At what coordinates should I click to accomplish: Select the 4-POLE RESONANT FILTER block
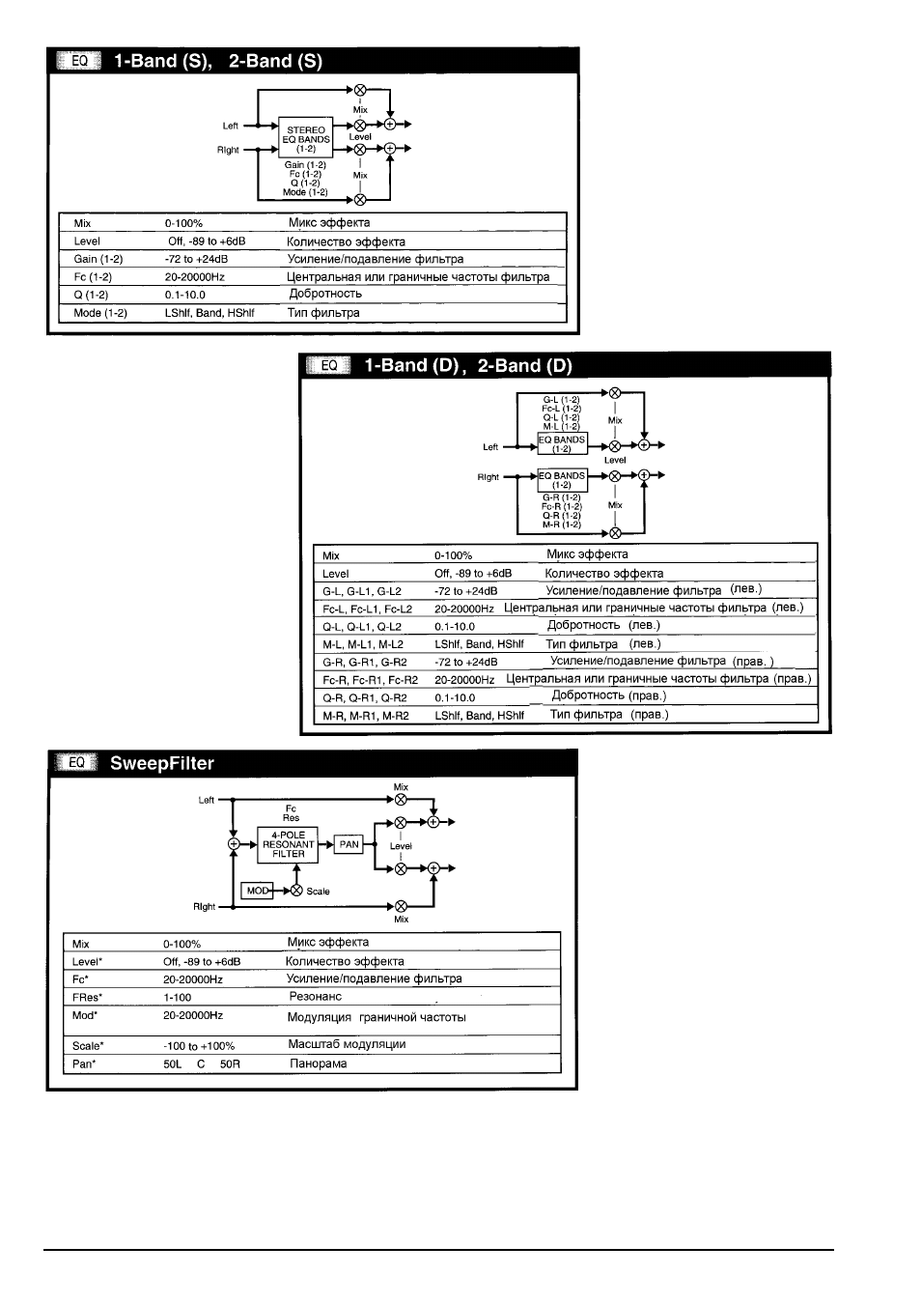[288, 844]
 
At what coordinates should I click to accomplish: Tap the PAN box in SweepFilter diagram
[349, 844]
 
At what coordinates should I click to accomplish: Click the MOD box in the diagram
[257, 891]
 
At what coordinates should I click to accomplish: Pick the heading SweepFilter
[162, 763]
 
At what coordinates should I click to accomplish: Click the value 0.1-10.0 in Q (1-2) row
[185, 296]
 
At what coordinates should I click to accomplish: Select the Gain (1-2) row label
[98, 259]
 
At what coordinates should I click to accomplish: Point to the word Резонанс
[316, 997]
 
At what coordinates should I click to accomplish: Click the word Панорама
[319, 1063]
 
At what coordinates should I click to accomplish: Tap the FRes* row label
[87, 997]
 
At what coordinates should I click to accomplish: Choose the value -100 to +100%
[199, 1046]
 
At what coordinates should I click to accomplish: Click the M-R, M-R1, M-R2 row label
[366, 716]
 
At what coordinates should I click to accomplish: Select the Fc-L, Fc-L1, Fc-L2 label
[367, 609]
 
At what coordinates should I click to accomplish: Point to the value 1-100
[177, 997]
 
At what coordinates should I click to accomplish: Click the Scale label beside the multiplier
[318, 892]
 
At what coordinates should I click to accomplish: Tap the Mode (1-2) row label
[100, 313]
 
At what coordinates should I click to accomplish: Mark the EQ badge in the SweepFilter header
[77, 763]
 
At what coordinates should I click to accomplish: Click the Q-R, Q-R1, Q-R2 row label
[365, 698]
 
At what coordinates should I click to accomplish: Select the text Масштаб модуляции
[347, 1044]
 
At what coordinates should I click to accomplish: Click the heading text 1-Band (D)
[411, 365]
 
